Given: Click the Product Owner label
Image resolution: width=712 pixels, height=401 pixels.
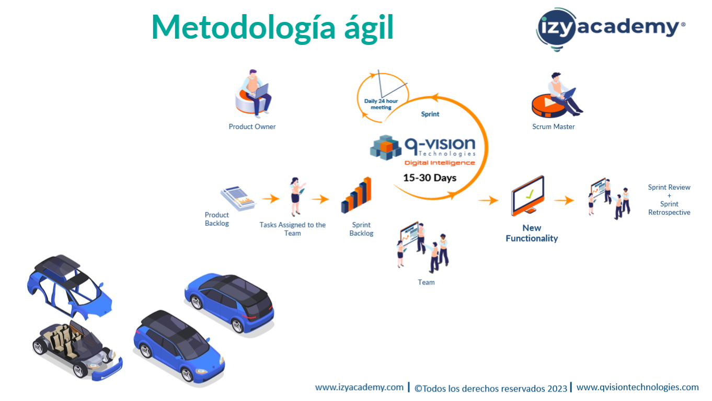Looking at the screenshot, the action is [x=252, y=127].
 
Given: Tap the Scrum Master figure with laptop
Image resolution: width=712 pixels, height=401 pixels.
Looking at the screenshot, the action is [x=557, y=95].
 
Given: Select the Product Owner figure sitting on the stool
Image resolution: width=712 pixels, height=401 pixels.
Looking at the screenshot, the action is [x=254, y=93].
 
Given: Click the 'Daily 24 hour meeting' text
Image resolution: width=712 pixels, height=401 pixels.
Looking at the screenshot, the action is [x=381, y=104].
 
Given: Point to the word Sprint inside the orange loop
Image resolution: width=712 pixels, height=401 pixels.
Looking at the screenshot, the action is [x=430, y=114].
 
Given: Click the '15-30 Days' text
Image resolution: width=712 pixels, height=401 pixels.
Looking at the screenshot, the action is [x=430, y=178].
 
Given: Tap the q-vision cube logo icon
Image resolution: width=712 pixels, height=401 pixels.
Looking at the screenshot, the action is [x=385, y=147].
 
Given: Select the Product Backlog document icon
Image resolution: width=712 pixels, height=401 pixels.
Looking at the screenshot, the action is [x=238, y=198].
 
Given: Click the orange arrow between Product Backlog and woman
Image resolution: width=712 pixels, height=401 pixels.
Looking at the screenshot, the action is [x=271, y=199].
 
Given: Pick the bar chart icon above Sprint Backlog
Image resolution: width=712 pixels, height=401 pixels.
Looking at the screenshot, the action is [x=356, y=195].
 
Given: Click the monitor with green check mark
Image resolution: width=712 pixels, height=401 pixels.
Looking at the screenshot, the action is [x=527, y=196].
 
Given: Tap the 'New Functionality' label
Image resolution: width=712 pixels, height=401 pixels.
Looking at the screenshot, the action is [x=532, y=233].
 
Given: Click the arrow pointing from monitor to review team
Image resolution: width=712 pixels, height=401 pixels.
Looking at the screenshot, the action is [x=564, y=200].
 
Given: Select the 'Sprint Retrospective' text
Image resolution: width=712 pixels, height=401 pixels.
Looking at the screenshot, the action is [x=669, y=208].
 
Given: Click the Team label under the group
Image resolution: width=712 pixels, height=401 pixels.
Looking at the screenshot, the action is [x=426, y=282].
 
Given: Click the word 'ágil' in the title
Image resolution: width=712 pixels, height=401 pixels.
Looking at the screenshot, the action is [x=369, y=28].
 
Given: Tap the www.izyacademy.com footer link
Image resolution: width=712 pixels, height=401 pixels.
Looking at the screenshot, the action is [x=359, y=387].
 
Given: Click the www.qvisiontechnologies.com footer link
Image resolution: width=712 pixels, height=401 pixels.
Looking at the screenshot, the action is [x=638, y=387].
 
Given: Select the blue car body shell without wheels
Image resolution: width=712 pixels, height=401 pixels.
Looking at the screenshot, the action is [x=70, y=286].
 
